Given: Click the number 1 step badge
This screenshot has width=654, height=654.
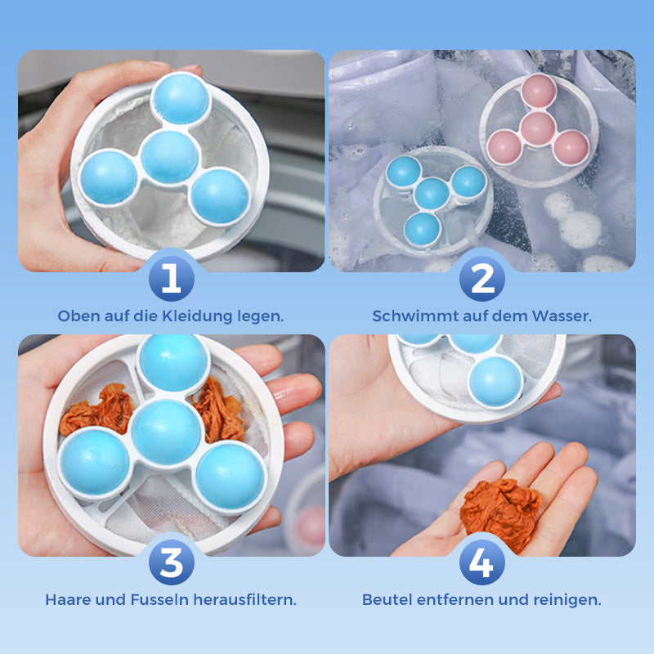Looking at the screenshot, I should point(171,280).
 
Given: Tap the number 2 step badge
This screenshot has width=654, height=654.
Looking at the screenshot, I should point(482,280).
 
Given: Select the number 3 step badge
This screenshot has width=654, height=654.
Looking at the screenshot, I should point(171,563).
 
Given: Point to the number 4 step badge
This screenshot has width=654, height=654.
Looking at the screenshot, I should point(482,563).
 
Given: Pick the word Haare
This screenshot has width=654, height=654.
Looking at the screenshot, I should point(68,599).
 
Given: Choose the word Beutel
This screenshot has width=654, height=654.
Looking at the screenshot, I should point(387,599).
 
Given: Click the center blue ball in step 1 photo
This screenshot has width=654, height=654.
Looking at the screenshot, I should point(169,156).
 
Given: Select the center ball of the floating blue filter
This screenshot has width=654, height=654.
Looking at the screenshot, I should point(432,195).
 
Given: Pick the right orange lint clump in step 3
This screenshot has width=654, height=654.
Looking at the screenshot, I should point(218,409).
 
